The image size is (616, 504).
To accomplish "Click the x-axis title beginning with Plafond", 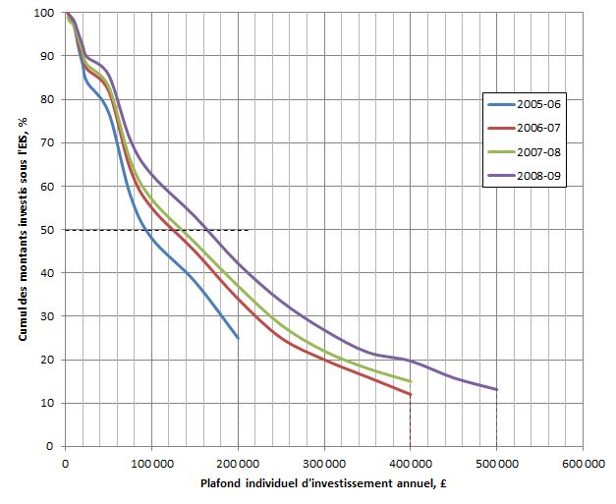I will tap(324, 482).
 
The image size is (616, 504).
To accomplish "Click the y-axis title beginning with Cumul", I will tap(21, 230).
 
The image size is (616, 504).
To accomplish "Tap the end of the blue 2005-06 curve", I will tap(238, 338).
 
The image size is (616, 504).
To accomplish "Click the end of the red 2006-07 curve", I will tap(410, 394).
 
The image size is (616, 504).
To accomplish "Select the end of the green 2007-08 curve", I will tap(410, 381).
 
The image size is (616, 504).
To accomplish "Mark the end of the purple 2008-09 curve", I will tap(496, 389).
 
